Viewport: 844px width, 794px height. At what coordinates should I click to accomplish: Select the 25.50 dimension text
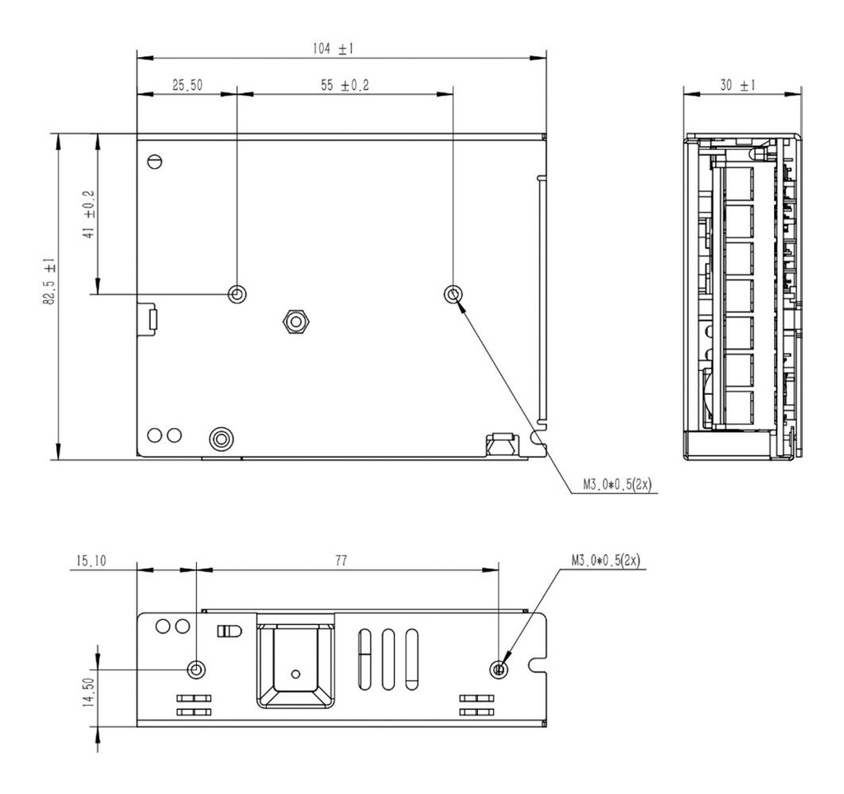click(x=187, y=85)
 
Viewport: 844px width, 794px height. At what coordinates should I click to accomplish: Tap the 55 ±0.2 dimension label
click(x=345, y=85)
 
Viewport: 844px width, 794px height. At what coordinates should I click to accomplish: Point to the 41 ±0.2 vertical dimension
click(x=89, y=214)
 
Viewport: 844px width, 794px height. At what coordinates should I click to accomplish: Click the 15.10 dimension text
click(x=90, y=561)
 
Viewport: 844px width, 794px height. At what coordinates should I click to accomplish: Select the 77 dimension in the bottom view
click(x=340, y=561)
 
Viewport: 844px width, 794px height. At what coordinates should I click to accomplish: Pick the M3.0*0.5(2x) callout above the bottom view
click(x=607, y=561)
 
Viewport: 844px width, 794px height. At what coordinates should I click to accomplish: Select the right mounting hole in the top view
click(x=452, y=294)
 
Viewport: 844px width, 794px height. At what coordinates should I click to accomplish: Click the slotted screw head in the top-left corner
click(x=154, y=162)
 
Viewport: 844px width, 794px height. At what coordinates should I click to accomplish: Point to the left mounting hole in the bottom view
click(x=196, y=669)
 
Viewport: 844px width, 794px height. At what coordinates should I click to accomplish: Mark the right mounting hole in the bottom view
click(x=499, y=669)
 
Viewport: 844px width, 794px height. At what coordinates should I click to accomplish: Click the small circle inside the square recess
click(x=294, y=672)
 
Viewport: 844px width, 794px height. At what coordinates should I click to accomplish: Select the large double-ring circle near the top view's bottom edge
click(x=220, y=438)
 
